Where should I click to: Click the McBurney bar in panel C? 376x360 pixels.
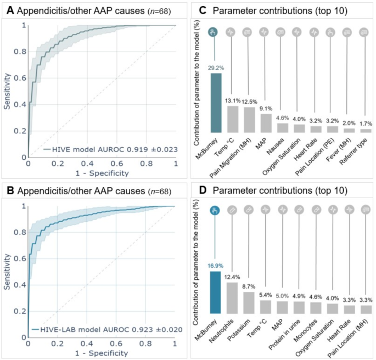216,103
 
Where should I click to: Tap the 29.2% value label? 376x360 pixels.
216,67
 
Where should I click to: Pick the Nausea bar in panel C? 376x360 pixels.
283,128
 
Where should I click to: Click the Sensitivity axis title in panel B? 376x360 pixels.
7,271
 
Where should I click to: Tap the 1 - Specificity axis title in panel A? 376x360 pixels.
102,173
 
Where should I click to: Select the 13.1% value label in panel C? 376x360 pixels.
233,100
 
